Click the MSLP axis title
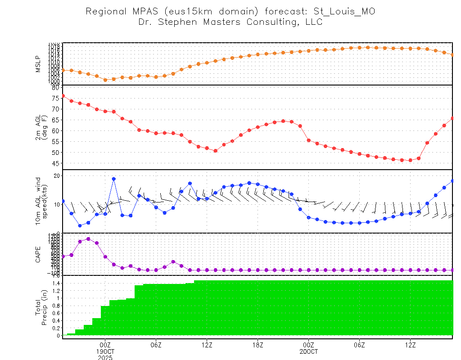coord(38,63)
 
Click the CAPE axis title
coord(38,254)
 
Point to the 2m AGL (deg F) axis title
coord(41,127)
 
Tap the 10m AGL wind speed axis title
coord(41,201)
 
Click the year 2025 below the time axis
coord(105,358)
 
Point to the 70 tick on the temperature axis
coord(55,109)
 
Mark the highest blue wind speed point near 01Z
coord(114,179)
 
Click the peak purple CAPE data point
coord(88,239)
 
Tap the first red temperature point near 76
coord(63,96)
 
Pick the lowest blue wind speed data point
coord(80,225)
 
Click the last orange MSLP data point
coord(452,54)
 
